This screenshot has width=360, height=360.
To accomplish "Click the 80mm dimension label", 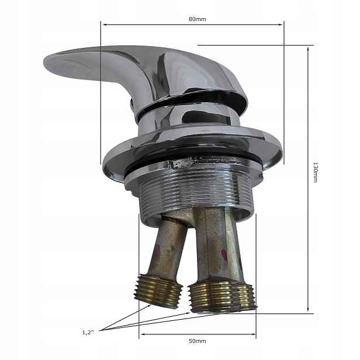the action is (x=197, y=19).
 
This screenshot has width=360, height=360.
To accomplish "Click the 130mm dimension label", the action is (x=316, y=172).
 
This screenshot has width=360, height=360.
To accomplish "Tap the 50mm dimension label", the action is (x=197, y=341).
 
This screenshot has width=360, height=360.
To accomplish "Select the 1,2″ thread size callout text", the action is (x=88, y=332).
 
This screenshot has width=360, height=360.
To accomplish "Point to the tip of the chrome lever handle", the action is (x=44, y=63).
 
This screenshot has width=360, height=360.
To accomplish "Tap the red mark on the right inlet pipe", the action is (x=224, y=255).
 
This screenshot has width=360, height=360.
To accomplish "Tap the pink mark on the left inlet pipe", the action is (x=158, y=248).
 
